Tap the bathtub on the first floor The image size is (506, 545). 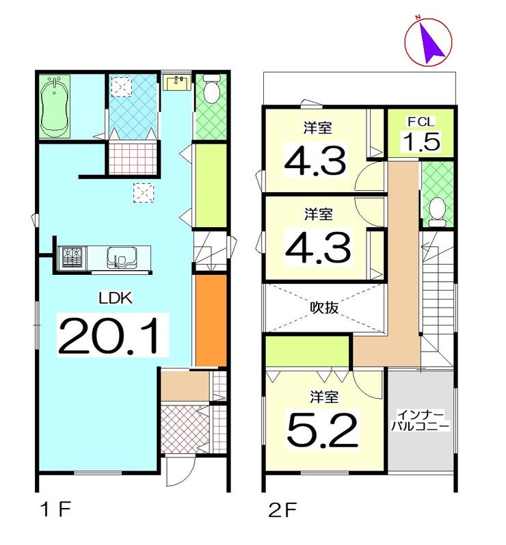point(54,107)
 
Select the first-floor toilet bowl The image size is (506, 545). point(211,90)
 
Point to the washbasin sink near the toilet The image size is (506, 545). point(177,83)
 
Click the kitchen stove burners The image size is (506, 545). point(72,257)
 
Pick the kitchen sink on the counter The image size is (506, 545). point(121,257)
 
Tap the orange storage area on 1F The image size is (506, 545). point(211,321)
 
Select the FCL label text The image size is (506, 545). point(421,122)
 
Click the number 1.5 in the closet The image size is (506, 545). point(421,141)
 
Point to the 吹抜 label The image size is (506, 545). point(324,307)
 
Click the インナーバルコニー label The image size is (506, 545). point(421,421)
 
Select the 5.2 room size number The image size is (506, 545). point(322,431)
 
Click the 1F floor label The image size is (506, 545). point(56,510)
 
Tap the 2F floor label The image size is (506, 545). point(282,511)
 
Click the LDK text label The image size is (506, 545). point(116,298)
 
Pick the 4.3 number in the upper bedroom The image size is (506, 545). point(315,161)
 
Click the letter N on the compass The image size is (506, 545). point(418,17)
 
